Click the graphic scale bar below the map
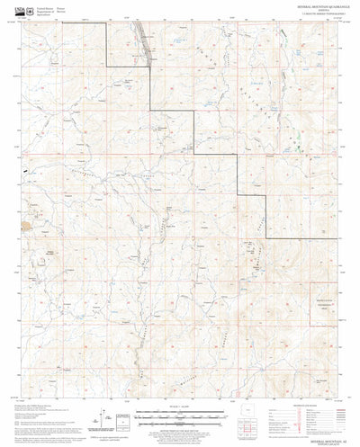180,416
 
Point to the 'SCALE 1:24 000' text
180,410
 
